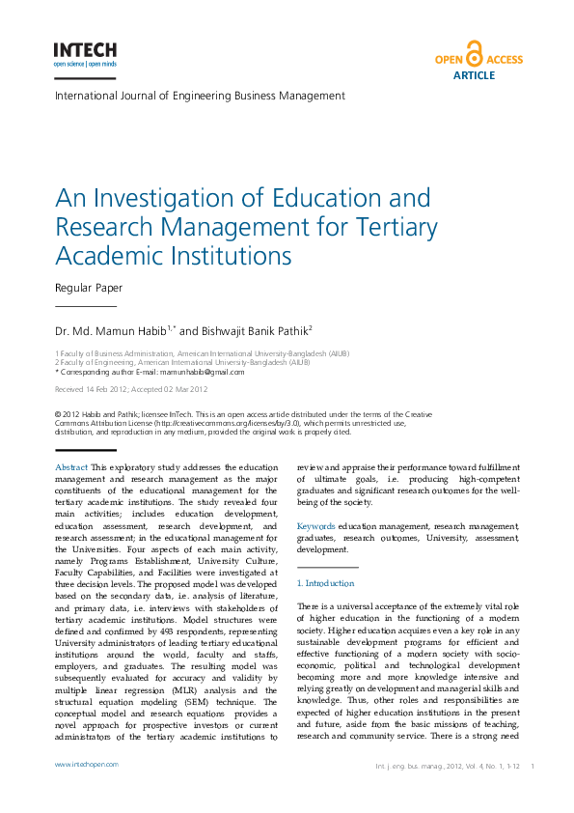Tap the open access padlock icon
(474, 54)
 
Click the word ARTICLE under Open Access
(474, 75)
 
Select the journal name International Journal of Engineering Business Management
(200, 96)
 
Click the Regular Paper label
(89, 288)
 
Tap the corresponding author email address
(203, 372)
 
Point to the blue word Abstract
(71, 467)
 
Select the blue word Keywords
(316, 525)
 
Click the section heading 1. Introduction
(325, 583)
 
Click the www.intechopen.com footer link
(87, 765)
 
